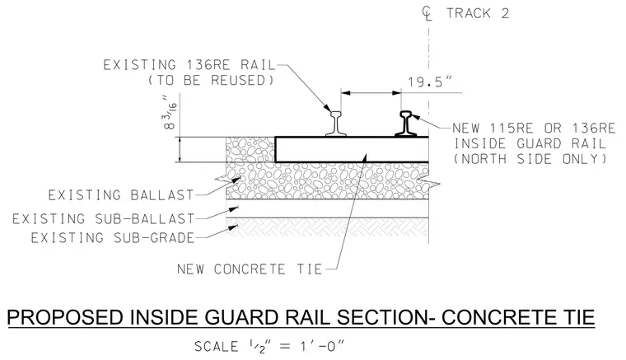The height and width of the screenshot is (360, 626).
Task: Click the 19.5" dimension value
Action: (430, 82)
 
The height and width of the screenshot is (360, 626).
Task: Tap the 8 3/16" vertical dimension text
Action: (171, 113)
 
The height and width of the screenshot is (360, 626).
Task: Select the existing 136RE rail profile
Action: (336, 124)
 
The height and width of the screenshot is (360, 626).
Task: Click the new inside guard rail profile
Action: (406, 124)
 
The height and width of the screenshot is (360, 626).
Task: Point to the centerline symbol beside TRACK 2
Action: (427, 13)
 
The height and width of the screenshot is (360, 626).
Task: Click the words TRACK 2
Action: (478, 13)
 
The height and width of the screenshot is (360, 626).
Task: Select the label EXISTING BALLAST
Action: (121, 195)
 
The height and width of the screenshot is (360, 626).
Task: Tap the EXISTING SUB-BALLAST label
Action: (104, 218)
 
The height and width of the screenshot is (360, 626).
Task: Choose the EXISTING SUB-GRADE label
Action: (113, 238)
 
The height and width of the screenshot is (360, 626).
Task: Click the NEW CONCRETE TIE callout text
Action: (250, 269)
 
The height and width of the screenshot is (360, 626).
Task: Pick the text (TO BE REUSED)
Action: (211, 80)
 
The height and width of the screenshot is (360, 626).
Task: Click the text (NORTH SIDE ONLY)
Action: (530, 159)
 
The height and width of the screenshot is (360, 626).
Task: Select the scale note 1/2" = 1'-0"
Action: (269, 346)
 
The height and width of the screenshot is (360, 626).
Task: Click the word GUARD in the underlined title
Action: (239, 317)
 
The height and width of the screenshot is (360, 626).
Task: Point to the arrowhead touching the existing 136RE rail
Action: (327, 108)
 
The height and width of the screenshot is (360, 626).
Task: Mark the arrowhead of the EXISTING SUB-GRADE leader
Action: (233, 227)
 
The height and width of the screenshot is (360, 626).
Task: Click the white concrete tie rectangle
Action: (352, 150)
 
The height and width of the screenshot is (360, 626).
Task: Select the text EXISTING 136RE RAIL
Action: (189, 65)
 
